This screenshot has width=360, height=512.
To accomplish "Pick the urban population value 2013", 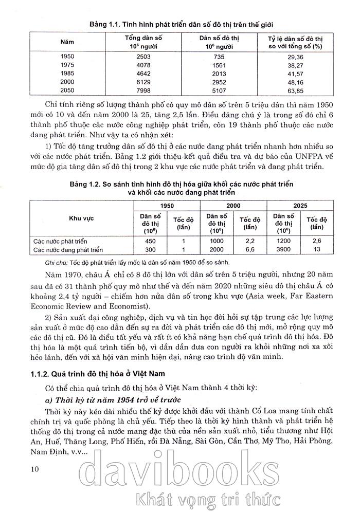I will pos(219,73).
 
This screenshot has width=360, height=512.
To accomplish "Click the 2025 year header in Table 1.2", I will pos(300,204).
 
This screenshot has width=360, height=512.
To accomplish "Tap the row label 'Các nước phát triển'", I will pos(61,241).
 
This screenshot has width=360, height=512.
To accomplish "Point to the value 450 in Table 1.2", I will pos(151,241).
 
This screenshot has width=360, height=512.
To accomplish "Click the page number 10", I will pos(35,468).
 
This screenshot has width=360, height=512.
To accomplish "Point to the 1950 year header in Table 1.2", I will pos(166,204).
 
